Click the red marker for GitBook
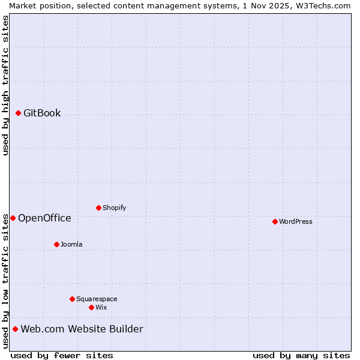[x=18, y=113]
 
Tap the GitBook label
[x=42, y=113]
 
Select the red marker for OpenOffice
[x=13, y=218]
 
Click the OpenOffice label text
[x=44, y=218]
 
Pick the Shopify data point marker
[x=98, y=208]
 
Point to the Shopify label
[x=114, y=208]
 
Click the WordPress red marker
[x=275, y=221]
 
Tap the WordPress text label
[x=295, y=221]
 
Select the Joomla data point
[x=56, y=244]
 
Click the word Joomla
[x=71, y=244]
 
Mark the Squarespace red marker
[x=72, y=299]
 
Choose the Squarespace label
[x=97, y=299]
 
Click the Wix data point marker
[x=91, y=307]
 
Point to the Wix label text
[x=101, y=307]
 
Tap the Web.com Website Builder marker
[x=15, y=329]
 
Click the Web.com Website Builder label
[x=82, y=329]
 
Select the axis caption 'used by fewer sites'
[x=62, y=355]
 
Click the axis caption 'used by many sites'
[x=301, y=355]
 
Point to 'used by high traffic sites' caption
[x=5, y=85]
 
